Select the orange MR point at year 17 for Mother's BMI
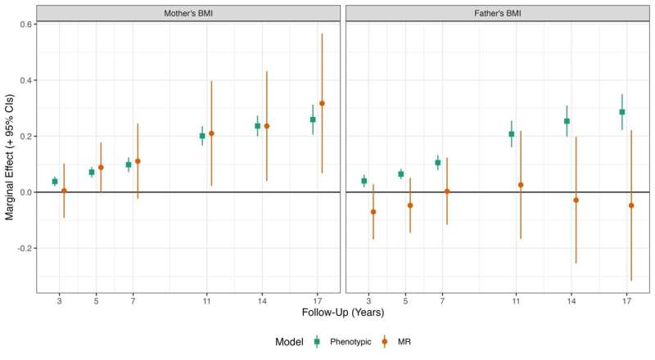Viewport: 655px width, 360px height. coord(322,103)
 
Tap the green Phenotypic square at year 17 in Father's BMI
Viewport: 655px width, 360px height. coord(622,112)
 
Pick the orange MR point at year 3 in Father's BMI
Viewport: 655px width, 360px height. coord(373,212)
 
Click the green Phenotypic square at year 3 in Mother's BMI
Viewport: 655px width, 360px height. coord(55,182)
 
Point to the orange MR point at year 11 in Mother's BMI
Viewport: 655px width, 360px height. coord(211,133)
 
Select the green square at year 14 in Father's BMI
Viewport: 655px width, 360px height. coord(567,121)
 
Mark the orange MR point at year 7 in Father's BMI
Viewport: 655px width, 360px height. coord(447,191)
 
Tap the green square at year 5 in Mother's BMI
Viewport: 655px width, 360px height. coord(92,172)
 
